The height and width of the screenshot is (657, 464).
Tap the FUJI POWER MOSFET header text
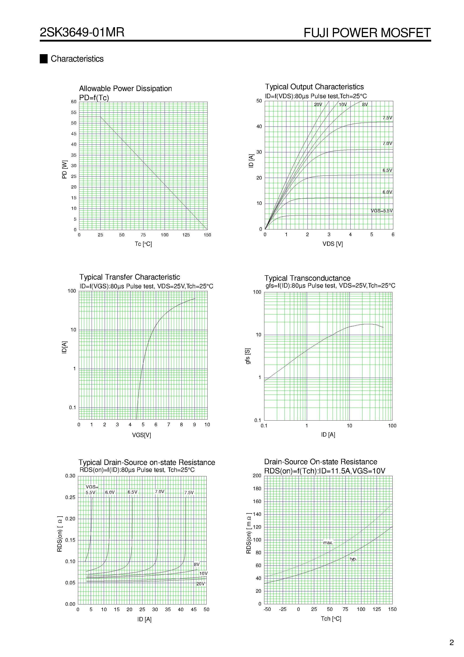pos(367,33)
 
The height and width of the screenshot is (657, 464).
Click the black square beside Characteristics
pos(44,59)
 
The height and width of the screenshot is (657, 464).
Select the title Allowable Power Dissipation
pos(125,89)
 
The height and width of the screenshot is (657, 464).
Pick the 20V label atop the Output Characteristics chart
pos(318,105)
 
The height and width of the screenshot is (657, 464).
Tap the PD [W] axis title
pos(65,169)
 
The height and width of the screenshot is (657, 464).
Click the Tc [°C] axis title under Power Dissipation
pos(143,244)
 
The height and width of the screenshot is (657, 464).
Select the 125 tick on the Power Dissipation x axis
pos(186,235)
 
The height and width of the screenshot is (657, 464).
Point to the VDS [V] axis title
pos(332,244)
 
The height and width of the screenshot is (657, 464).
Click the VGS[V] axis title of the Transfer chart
pos(141,435)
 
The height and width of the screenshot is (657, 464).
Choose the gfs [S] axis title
pos(248,356)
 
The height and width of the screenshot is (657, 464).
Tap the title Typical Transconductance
pos(307,278)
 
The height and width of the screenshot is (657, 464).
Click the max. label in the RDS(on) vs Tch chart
pos(328,543)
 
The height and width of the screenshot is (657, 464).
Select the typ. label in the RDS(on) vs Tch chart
pos(353,559)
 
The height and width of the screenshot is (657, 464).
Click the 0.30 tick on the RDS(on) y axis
pos(70,476)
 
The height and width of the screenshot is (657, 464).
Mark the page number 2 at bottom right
pos(452,643)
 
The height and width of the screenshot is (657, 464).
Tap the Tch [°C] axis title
pos(331,619)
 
